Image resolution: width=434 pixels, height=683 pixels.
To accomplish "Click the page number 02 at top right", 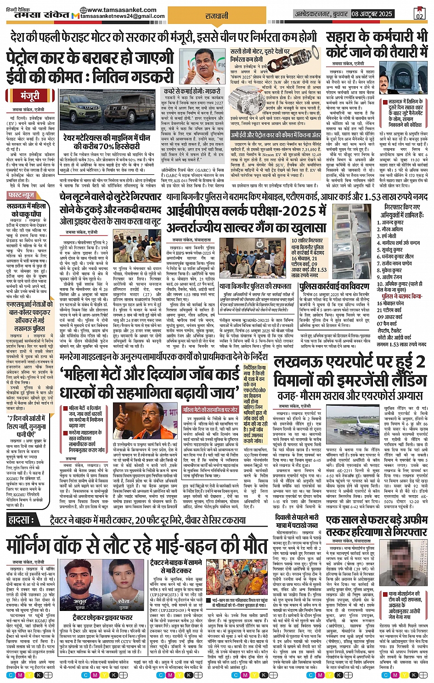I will point(419,16).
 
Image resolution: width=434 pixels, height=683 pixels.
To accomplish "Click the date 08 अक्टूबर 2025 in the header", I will point(372,14).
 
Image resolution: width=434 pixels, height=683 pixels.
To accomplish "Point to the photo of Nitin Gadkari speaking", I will point(208,65).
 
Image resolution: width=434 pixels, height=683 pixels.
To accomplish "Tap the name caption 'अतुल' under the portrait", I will point(80,601).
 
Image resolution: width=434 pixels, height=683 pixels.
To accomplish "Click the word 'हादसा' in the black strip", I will point(21,521).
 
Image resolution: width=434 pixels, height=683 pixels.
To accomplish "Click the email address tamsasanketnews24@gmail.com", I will point(123,17).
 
